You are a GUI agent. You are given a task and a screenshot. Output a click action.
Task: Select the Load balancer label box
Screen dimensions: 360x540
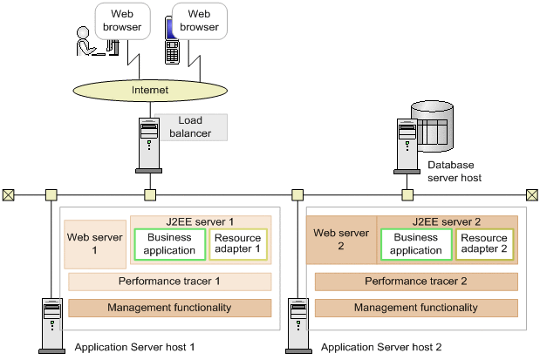[191, 126]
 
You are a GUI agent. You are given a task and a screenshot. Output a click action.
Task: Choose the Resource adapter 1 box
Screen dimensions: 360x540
[238, 244]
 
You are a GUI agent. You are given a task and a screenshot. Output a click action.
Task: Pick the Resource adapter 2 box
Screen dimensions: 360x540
[484, 244]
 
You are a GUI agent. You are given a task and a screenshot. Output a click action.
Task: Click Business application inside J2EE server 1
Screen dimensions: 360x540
[170, 244]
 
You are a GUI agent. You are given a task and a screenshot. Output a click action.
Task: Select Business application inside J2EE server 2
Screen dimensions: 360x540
[416, 244]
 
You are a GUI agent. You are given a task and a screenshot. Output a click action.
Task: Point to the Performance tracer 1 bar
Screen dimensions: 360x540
[170, 282]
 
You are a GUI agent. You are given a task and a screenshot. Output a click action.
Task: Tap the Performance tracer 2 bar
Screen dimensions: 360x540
[416, 282]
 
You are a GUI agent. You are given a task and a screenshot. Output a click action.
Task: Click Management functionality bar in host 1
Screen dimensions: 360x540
[170, 308]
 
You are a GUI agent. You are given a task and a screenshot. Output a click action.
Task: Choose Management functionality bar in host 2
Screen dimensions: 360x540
[416, 308]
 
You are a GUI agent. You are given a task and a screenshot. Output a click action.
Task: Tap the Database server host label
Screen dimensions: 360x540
[454, 171]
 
